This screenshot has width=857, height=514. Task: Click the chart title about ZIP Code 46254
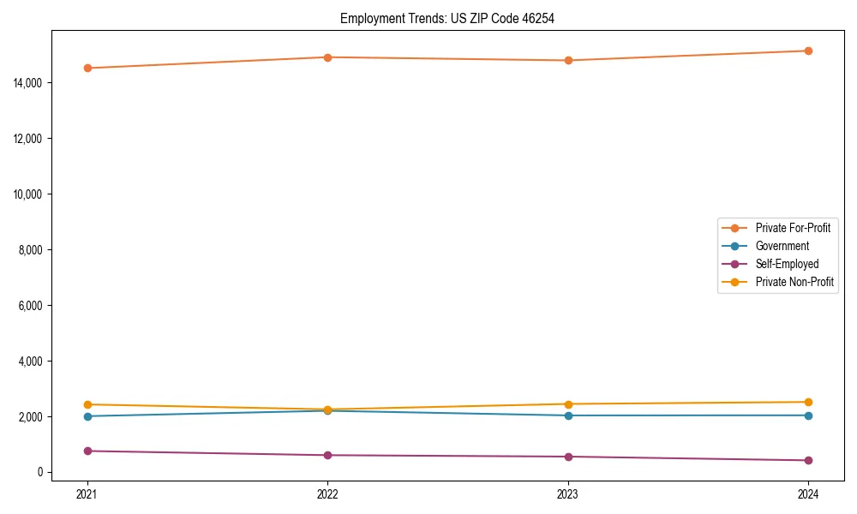[446, 19]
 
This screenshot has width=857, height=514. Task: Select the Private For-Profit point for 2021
[87, 68]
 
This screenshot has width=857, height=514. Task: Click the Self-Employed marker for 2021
[87, 451]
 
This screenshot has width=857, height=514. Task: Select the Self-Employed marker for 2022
[327, 455]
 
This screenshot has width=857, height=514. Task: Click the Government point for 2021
[87, 416]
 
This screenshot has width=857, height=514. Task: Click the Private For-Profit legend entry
[793, 228]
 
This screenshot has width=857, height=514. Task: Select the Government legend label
[782, 246]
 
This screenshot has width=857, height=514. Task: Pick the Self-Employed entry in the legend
[787, 264]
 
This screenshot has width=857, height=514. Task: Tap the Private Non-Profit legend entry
[794, 282]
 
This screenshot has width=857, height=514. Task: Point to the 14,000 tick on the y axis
[28, 83]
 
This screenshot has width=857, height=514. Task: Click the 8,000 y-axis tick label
[31, 250]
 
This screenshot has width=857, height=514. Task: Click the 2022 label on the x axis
[327, 493]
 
